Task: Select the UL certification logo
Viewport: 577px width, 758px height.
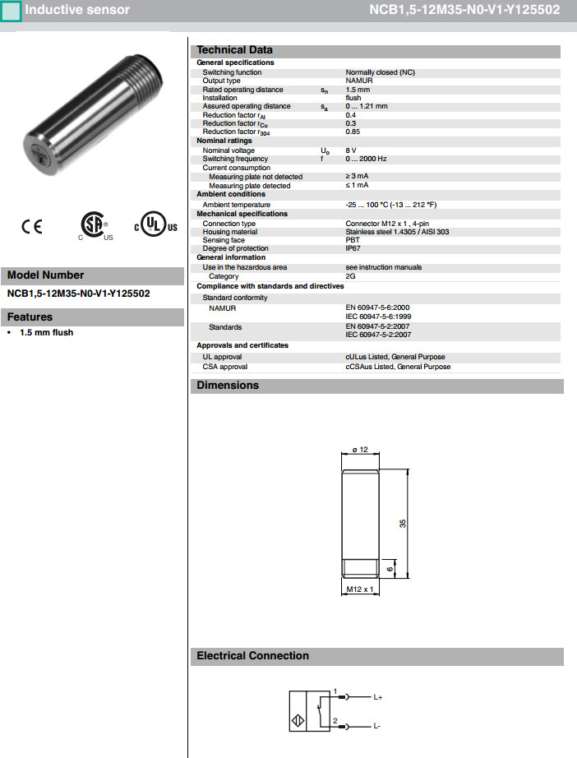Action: (155, 226)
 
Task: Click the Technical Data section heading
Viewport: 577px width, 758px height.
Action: (234, 50)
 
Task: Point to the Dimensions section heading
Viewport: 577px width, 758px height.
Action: (228, 386)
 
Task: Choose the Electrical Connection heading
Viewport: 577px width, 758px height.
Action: (252, 656)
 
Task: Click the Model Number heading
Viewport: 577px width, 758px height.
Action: (46, 275)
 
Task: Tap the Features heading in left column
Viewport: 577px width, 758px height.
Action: (30, 317)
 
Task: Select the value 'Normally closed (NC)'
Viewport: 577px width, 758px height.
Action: (380, 72)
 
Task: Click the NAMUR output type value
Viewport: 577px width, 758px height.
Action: (359, 81)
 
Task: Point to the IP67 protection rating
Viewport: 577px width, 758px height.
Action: (353, 248)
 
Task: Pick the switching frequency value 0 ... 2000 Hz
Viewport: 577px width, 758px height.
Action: (366, 159)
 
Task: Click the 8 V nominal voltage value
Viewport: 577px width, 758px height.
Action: (351, 150)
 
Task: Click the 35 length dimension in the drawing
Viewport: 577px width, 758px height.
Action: (403, 523)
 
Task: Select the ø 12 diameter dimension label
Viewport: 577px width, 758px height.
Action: (358, 449)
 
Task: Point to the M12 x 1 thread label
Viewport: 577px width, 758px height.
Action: (359, 589)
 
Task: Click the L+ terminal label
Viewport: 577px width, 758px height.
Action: (379, 697)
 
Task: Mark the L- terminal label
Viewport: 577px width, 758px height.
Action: (377, 727)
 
